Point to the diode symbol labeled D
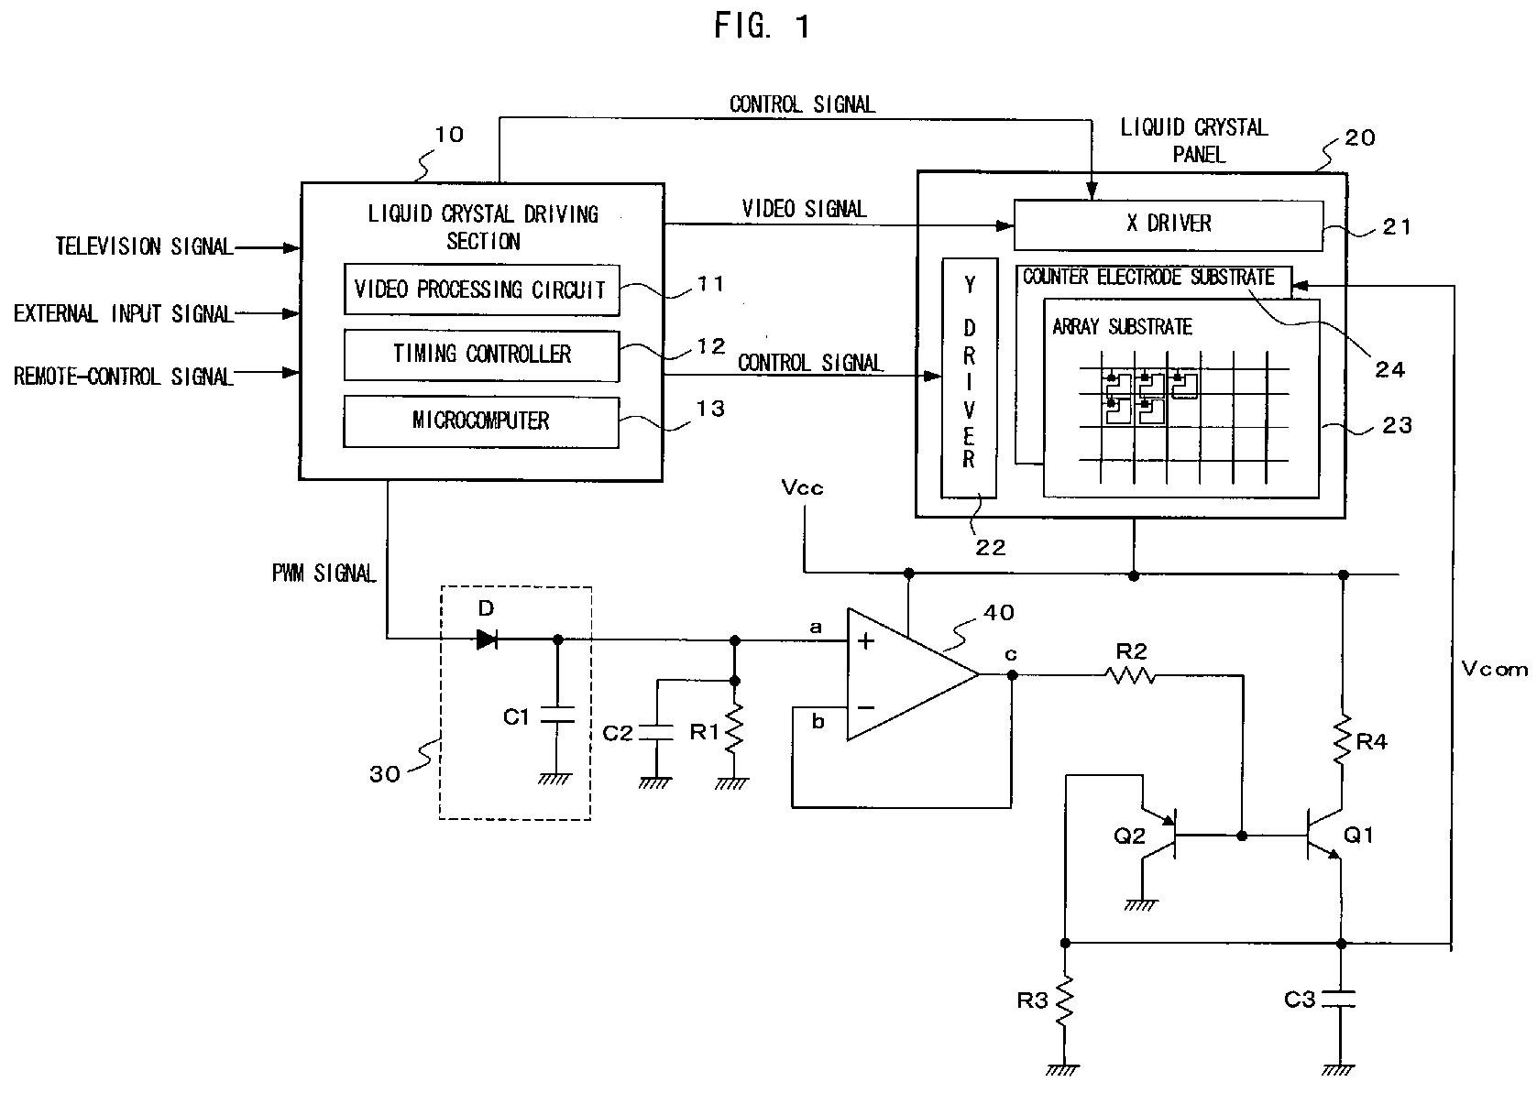click(487, 639)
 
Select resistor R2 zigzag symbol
click(1129, 676)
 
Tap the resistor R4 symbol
click(1343, 740)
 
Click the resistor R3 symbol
click(1064, 1000)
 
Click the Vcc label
click(801, 487)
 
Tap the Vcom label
click(1495, 669)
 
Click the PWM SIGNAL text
click(324, 574)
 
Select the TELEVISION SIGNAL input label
click(144, 246)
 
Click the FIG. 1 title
click(763, 26)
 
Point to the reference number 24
click(1389, 370)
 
